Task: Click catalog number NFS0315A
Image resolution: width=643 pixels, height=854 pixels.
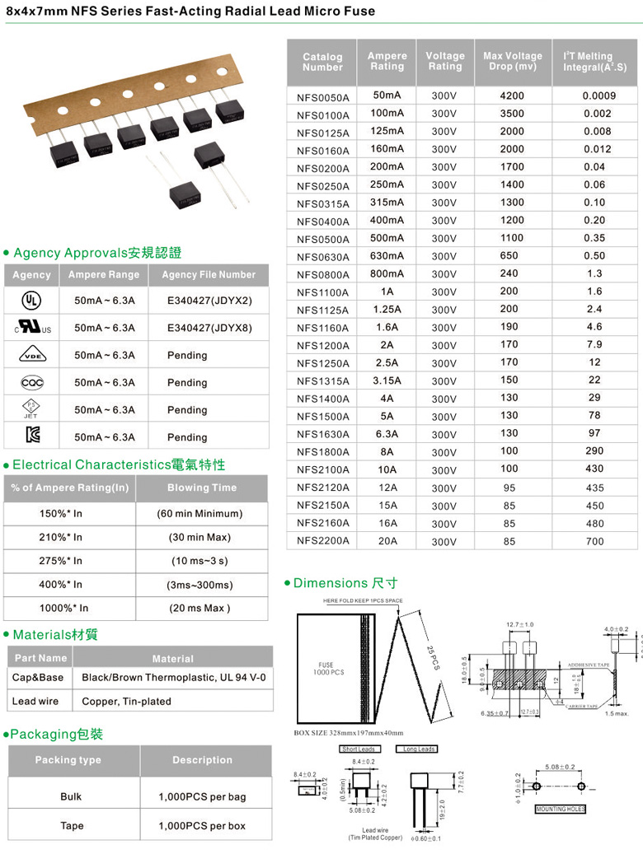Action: (x=323, y=203)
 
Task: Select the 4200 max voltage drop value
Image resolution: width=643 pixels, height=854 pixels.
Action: (x=511, y=96)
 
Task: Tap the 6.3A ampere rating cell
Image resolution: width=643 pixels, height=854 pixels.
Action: (x=387, y=434)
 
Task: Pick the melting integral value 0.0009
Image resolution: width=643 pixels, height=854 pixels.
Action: (x=598, y=96)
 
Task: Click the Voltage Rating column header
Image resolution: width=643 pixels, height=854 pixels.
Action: (x=444, y=61)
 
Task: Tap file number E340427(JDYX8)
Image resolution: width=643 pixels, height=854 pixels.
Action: (x=209, y=328)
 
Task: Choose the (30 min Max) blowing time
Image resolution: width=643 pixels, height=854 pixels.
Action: (x=200, y=537)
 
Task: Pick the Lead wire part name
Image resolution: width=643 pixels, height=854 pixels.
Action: (x=35, y=701)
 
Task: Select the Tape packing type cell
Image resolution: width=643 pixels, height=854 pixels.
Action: (x=72, y=825)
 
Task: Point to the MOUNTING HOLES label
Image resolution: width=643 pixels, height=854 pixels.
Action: (x=561, y=810)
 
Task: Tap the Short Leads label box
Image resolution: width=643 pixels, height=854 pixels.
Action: (x=359, y=749)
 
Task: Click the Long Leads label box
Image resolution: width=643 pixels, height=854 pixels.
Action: (x=415, y=749)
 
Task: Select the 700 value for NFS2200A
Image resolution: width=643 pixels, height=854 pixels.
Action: (x=594, y=541)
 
